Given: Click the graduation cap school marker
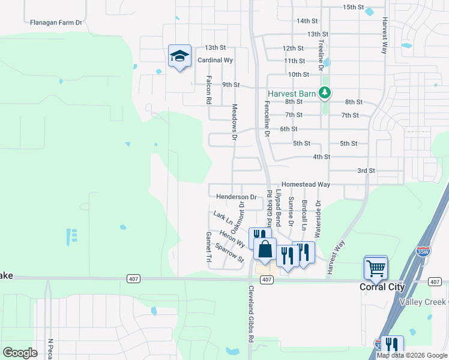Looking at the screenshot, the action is click(x=179, y=56).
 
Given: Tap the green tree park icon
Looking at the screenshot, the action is click(x=325, y=93).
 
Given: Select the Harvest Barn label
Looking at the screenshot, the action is click(x=292, y=94).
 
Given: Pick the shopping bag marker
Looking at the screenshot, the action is click(x=265, y=250).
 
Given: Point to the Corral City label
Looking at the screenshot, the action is click(x=382, y=287).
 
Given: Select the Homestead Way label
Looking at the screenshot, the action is click(x=306, y=184).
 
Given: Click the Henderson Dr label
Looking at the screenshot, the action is click(x=236, y=197).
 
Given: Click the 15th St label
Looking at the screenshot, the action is click(x=354, y=7).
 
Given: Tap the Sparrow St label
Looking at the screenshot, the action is click(x=229, y=253).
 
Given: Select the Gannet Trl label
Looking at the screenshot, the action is click(x=209, y=247).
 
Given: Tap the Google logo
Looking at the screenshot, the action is click(x=19, y=353).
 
